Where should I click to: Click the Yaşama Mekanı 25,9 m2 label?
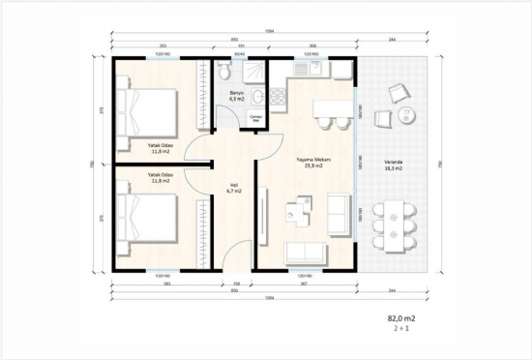[310, 164]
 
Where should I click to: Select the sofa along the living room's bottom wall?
[308, 253]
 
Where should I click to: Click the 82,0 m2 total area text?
[399, 317]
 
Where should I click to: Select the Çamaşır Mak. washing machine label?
[256, 118]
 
